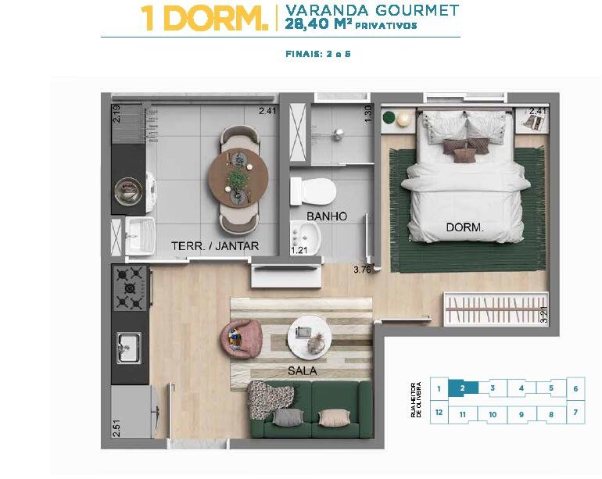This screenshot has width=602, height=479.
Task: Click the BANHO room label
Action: click(x=327, y=216)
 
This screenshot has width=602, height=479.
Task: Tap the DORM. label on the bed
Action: click(x=465, y=227)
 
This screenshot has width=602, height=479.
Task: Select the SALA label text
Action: click(x=303, y=370)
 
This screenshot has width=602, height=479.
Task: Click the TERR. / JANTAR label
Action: click(x=215, y=246)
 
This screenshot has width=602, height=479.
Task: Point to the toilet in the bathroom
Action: click(x=313, y=191)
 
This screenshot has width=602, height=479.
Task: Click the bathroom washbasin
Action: click(x=306, y=238)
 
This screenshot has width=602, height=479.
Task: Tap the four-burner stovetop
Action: click(x=130, y=288)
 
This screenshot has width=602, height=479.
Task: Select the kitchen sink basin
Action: click(x=129, y=348)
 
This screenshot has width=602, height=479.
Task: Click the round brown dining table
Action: click(x=238, y=178)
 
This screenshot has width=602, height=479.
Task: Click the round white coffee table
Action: click(x=310, y=338)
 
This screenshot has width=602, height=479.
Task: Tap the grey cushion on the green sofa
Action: click(x=288, y=417)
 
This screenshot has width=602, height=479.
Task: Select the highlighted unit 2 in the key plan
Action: click(x=463, y=388)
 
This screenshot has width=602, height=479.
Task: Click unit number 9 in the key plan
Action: click(x=521, y=414)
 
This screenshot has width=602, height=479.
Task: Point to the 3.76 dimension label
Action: click(x=362, y=270)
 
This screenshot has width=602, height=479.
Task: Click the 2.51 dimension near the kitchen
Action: click(x=116, y=428)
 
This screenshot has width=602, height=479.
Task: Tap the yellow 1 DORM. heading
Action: click(x=204, y=18)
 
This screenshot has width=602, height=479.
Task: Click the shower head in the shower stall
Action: click(x=339, y=133)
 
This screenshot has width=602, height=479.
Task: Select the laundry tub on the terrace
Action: click(x=141, y=237)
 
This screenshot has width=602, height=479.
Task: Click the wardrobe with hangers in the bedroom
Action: click(x=496, y=309)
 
